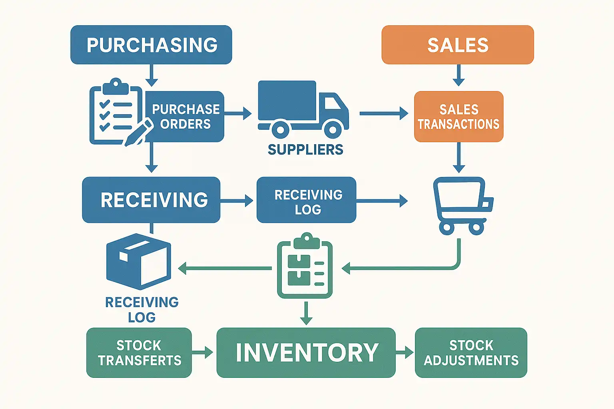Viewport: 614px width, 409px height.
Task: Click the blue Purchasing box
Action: coord(151,45)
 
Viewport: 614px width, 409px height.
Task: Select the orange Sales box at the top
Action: coord(458,45)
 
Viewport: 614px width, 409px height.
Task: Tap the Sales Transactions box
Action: coord(459,117)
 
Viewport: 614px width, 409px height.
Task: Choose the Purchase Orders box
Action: coord(185,117)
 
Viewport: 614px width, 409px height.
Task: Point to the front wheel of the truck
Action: coord(333,129)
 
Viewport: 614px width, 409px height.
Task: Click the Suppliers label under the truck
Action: coord(305,150)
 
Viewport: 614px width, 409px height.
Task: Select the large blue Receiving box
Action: coord(151,200)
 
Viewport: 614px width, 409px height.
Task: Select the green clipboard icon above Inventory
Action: coord(305,266)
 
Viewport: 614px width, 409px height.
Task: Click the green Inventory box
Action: coord(306,353)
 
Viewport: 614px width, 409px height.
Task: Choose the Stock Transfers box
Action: coord(139,353)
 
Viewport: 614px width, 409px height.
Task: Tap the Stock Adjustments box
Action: coord(471,353)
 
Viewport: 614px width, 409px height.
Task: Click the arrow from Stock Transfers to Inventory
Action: coord(203,353)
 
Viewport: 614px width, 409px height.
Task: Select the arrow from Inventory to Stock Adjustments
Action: coord(405,353)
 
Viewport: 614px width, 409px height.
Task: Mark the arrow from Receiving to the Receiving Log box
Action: coord(237,200)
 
